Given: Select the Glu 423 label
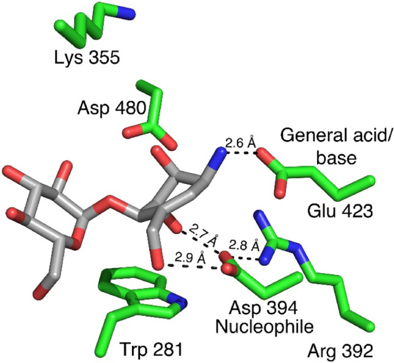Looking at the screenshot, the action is coord(338,211).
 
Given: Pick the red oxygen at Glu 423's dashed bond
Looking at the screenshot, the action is coord(264,158).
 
